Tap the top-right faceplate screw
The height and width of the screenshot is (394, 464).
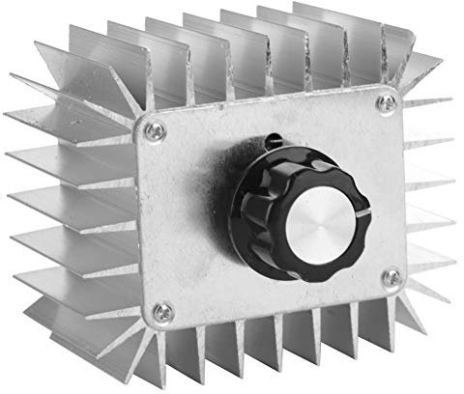tap(386, 99)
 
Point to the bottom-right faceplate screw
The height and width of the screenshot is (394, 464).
tap(391, 280)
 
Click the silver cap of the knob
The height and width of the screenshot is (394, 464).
tap(325, 208)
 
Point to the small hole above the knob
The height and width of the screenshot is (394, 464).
tap(275, 136)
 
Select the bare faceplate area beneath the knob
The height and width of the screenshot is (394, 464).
tap(280, 290)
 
